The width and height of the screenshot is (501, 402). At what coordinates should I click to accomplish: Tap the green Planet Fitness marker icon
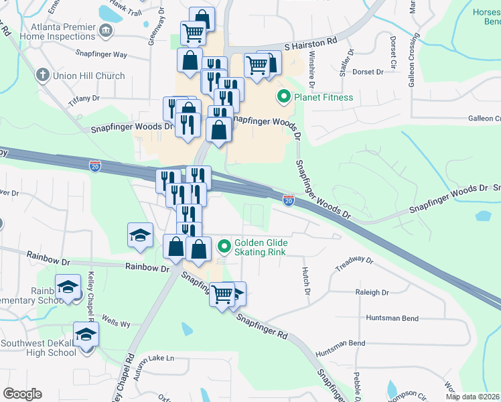283,98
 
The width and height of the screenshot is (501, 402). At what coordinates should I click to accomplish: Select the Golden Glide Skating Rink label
260,247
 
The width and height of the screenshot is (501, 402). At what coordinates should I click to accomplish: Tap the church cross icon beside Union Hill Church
44,75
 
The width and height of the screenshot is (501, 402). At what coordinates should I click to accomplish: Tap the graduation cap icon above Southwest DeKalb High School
86,334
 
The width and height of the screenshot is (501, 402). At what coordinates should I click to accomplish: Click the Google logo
22,394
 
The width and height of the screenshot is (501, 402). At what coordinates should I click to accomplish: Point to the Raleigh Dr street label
373,293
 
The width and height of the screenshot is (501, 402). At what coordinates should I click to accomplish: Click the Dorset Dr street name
368,72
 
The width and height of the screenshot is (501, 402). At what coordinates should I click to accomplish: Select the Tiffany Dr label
84,98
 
